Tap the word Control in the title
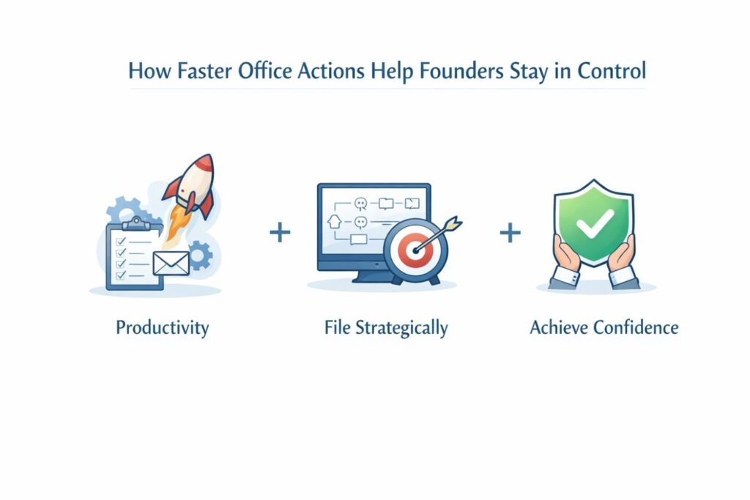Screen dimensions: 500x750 (x=612, y=72)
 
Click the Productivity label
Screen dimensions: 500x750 (x=162, y=327)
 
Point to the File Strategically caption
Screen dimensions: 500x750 (x=385, y=327)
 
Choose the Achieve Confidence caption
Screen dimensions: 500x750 (x=604, y=327)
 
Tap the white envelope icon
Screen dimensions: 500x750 (x=171, y=261)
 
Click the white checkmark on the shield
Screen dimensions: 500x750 (x=593, y=225)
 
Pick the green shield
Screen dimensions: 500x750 (x=593, y=220)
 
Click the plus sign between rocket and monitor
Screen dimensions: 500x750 (x=280, y=234)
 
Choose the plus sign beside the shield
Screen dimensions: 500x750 (x=510, y=234)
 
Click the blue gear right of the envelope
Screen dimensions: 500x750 (x=199, y=255)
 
